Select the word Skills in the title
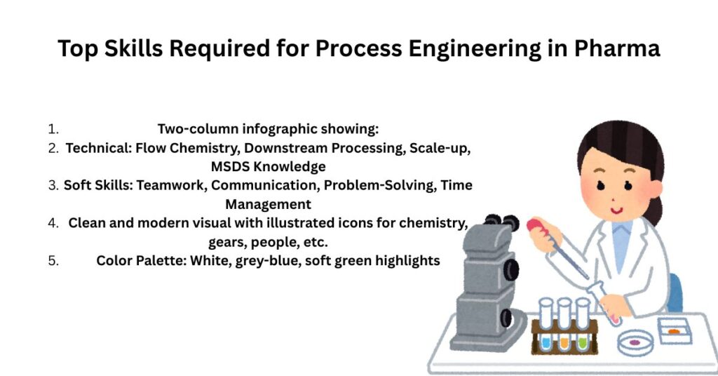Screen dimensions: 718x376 [133, 48]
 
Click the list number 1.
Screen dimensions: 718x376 [53, 130]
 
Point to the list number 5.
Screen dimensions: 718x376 [53, 261]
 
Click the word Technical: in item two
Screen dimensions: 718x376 [98, 149]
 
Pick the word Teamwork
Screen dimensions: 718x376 [172, 185]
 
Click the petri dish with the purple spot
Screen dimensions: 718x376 [635, 342]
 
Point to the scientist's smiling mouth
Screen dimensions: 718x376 [617, 210]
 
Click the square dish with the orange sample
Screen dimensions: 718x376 [674, 330]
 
